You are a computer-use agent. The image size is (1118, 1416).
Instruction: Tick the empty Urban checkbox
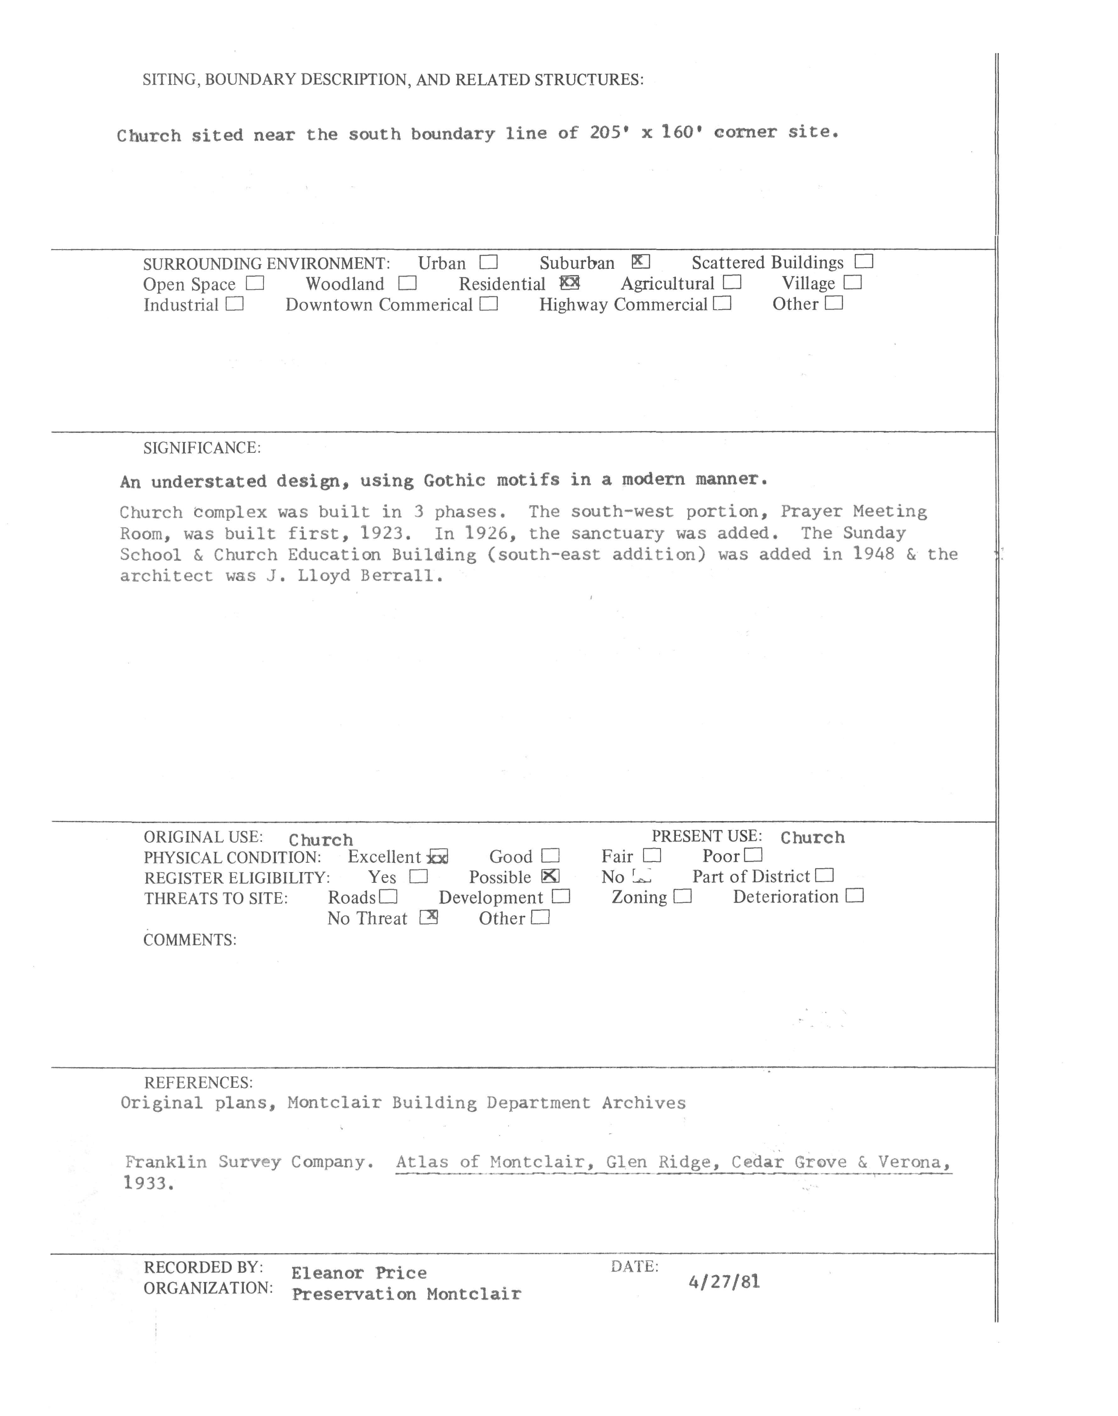tap(488, 263)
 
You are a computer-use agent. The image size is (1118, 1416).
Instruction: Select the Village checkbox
tap(852, 283)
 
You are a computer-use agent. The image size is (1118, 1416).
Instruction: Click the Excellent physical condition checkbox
tap(437, 857)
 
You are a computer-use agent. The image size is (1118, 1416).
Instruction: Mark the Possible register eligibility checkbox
tap(550, 876)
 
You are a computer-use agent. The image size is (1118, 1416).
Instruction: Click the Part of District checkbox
tap(825, 876)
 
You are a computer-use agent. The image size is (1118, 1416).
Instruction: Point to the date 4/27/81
tap(724, 1281)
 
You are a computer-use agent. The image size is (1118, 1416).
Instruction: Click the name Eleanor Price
tap(359, 1273)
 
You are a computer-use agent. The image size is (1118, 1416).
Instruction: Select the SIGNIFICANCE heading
tap(202, 448)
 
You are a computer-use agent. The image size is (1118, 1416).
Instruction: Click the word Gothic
tap(455, 480)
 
